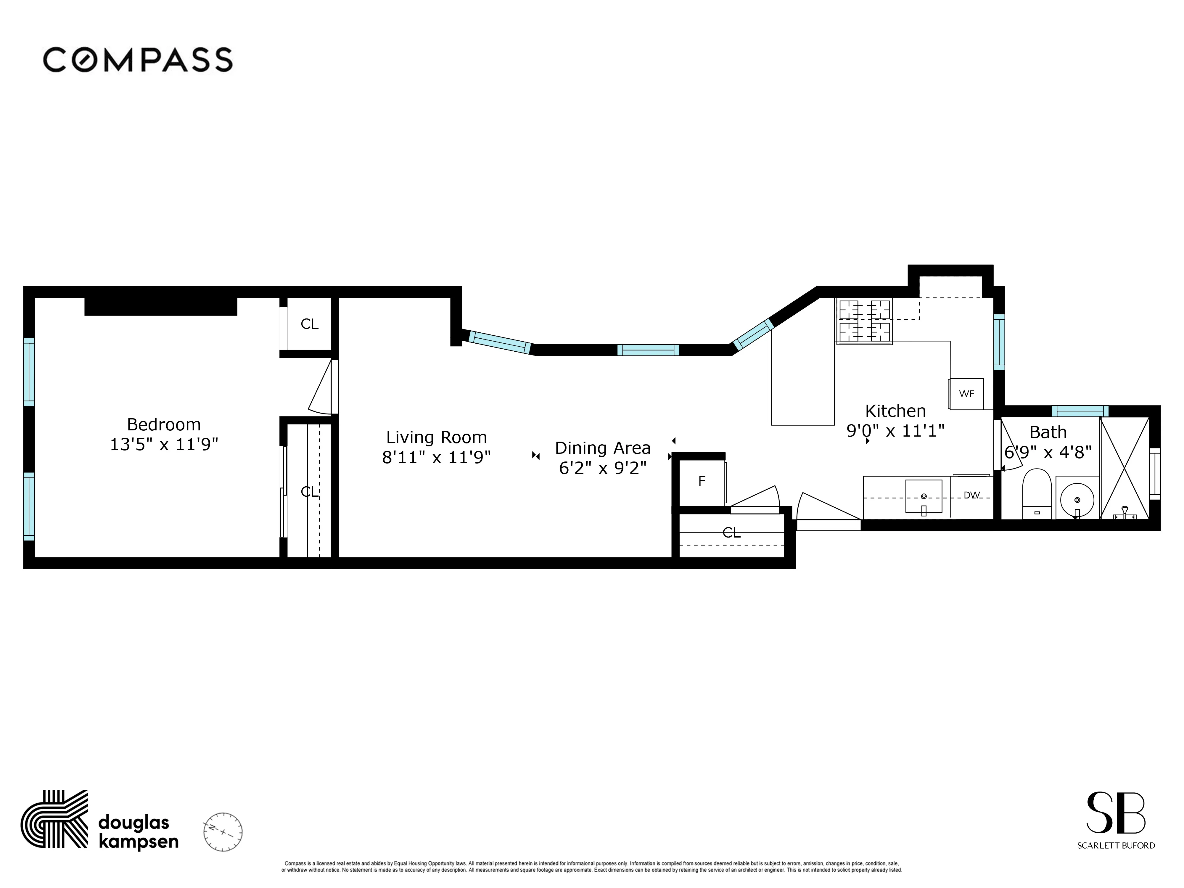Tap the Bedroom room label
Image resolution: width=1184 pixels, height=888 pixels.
[x=164, y=424]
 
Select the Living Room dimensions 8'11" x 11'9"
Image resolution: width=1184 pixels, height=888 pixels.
[x=436, y=457]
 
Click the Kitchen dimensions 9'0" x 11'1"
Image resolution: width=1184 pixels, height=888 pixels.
[x=895, y=430]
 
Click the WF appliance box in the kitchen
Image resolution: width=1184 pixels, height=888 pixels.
[x=966, y=394]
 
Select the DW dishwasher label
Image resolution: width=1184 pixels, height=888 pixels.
[x=971, y=495]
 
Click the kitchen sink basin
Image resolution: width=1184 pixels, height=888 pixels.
[x=923, y=496]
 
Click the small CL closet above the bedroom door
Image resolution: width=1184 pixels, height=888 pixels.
[x=309, y=324]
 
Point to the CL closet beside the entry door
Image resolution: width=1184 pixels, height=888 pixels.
[x=731, y=533]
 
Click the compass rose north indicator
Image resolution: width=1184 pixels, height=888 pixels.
[x=223, y=832]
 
